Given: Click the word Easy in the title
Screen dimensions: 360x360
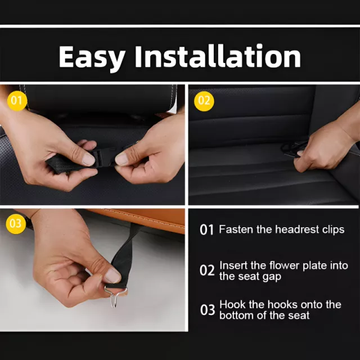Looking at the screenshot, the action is click(92, 57).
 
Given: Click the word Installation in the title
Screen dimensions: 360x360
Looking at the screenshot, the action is click(218, 56).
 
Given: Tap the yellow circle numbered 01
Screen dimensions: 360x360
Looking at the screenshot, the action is click(17, 101).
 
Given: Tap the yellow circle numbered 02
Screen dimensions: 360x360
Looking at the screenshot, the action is click(204, 101).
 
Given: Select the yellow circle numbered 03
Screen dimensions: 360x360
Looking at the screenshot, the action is click(16, 224).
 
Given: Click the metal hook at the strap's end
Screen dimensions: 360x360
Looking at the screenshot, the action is click(115, 296).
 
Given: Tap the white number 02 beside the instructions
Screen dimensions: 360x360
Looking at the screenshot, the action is click(207, 270).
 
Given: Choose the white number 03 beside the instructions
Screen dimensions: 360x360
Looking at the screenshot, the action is click(208, 310).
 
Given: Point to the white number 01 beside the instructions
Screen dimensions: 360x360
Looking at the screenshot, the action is click(206, 229).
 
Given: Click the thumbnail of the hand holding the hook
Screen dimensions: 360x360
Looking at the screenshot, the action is click(112, 276).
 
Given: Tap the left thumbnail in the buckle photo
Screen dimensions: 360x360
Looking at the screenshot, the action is click(89, 159).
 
